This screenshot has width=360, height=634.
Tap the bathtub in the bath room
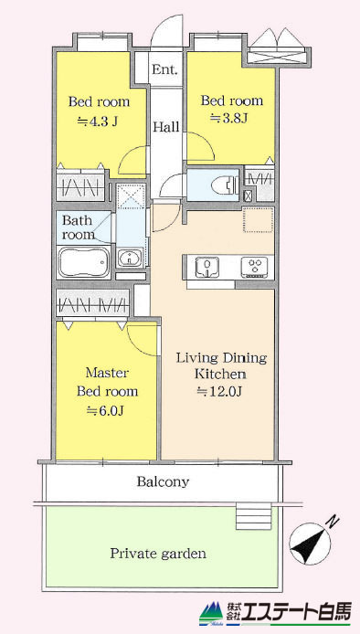(84, 262)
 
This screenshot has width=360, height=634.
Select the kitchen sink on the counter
(206, 267)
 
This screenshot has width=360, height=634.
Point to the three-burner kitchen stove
(254, 268)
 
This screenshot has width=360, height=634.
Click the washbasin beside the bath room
(130, 258)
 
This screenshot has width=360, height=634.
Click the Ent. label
(164, 69)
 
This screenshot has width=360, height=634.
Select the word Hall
(166, 127)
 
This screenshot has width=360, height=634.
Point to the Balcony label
(163, 481)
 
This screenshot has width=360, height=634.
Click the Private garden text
(158, 553)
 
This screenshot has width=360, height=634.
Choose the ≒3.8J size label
(229, 119)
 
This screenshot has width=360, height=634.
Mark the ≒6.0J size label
(105, 411)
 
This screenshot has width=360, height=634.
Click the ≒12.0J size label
(219, 391)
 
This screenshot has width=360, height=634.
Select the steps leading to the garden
(254, 517)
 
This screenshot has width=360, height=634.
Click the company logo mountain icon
(211, 615)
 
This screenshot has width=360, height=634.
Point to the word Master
(106, 373)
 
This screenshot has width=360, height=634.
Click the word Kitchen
(220, 374)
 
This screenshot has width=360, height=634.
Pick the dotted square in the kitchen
(259, 220)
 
